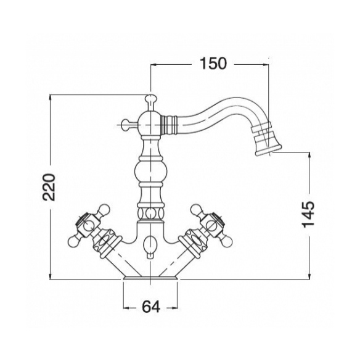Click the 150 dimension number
point(213,64)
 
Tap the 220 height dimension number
point(49,187)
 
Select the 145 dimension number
point(308,214)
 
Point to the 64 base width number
point(150,307)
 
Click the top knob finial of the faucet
point(150,99)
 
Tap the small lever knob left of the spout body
point(126,125)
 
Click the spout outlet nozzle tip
point(268,151)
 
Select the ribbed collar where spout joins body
point(170,125)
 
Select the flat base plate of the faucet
point(150,278)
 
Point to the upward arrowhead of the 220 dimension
point(51,98)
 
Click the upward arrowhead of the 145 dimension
point(309,156)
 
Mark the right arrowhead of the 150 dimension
point(266,65)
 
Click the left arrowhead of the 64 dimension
point(126,308)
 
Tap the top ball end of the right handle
point(196,209)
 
